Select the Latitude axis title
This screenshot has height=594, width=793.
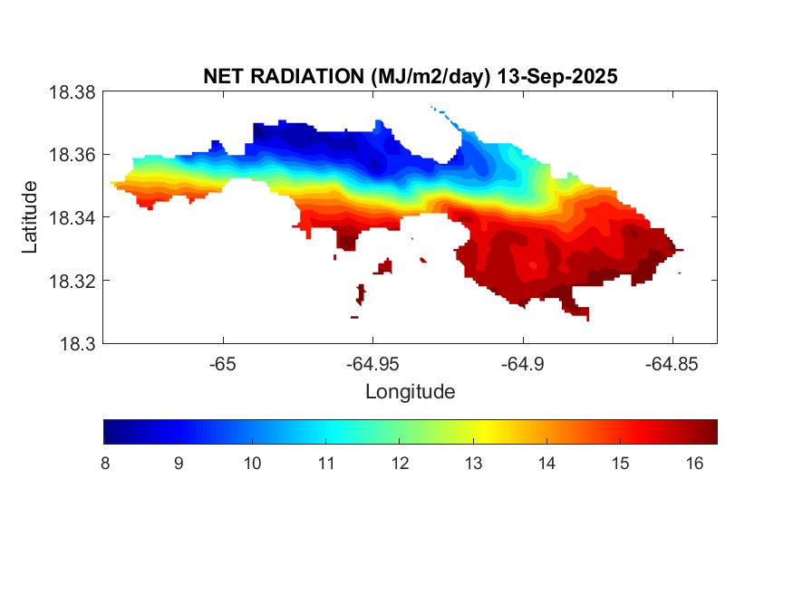click(30, 217)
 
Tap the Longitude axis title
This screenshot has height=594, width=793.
click(410, 392)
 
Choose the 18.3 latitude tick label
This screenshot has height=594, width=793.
click(76, 343)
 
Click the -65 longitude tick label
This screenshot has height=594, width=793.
click(223, 364)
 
